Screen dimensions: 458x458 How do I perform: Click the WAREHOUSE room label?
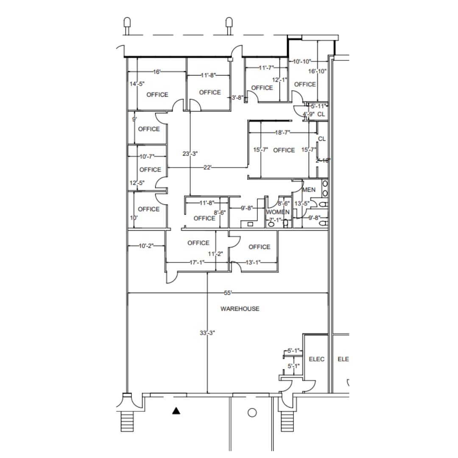(x=240, y=309)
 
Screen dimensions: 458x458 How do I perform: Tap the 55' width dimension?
(x=228, y=293)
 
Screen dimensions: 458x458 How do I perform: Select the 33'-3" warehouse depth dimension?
(x=207, y=333)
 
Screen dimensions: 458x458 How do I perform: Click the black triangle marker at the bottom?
(x=176, y=411)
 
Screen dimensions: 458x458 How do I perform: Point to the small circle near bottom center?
(x=252, y=412)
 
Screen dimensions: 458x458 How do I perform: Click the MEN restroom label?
(x=309, y=190)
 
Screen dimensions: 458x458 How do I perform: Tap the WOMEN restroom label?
(x=278, y=212)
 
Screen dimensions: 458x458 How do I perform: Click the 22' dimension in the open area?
(x=207, y=168)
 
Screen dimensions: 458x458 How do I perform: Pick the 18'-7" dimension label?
(x=282, y=133)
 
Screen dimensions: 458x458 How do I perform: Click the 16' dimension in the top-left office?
(x=156, y=72)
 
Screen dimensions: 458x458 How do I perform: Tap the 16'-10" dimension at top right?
(x=317, y=71)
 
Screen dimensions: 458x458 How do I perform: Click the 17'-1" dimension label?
(x=197, y=263)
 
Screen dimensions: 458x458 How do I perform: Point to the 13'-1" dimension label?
(x=253, y=263)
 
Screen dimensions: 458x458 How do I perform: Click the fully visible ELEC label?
(x=316, y=359)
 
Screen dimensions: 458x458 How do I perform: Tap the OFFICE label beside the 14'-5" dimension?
(x=157, y=95)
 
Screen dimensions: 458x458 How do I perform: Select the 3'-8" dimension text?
(x=237, y=98)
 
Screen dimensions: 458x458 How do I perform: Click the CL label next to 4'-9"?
(x=321, y=114)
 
